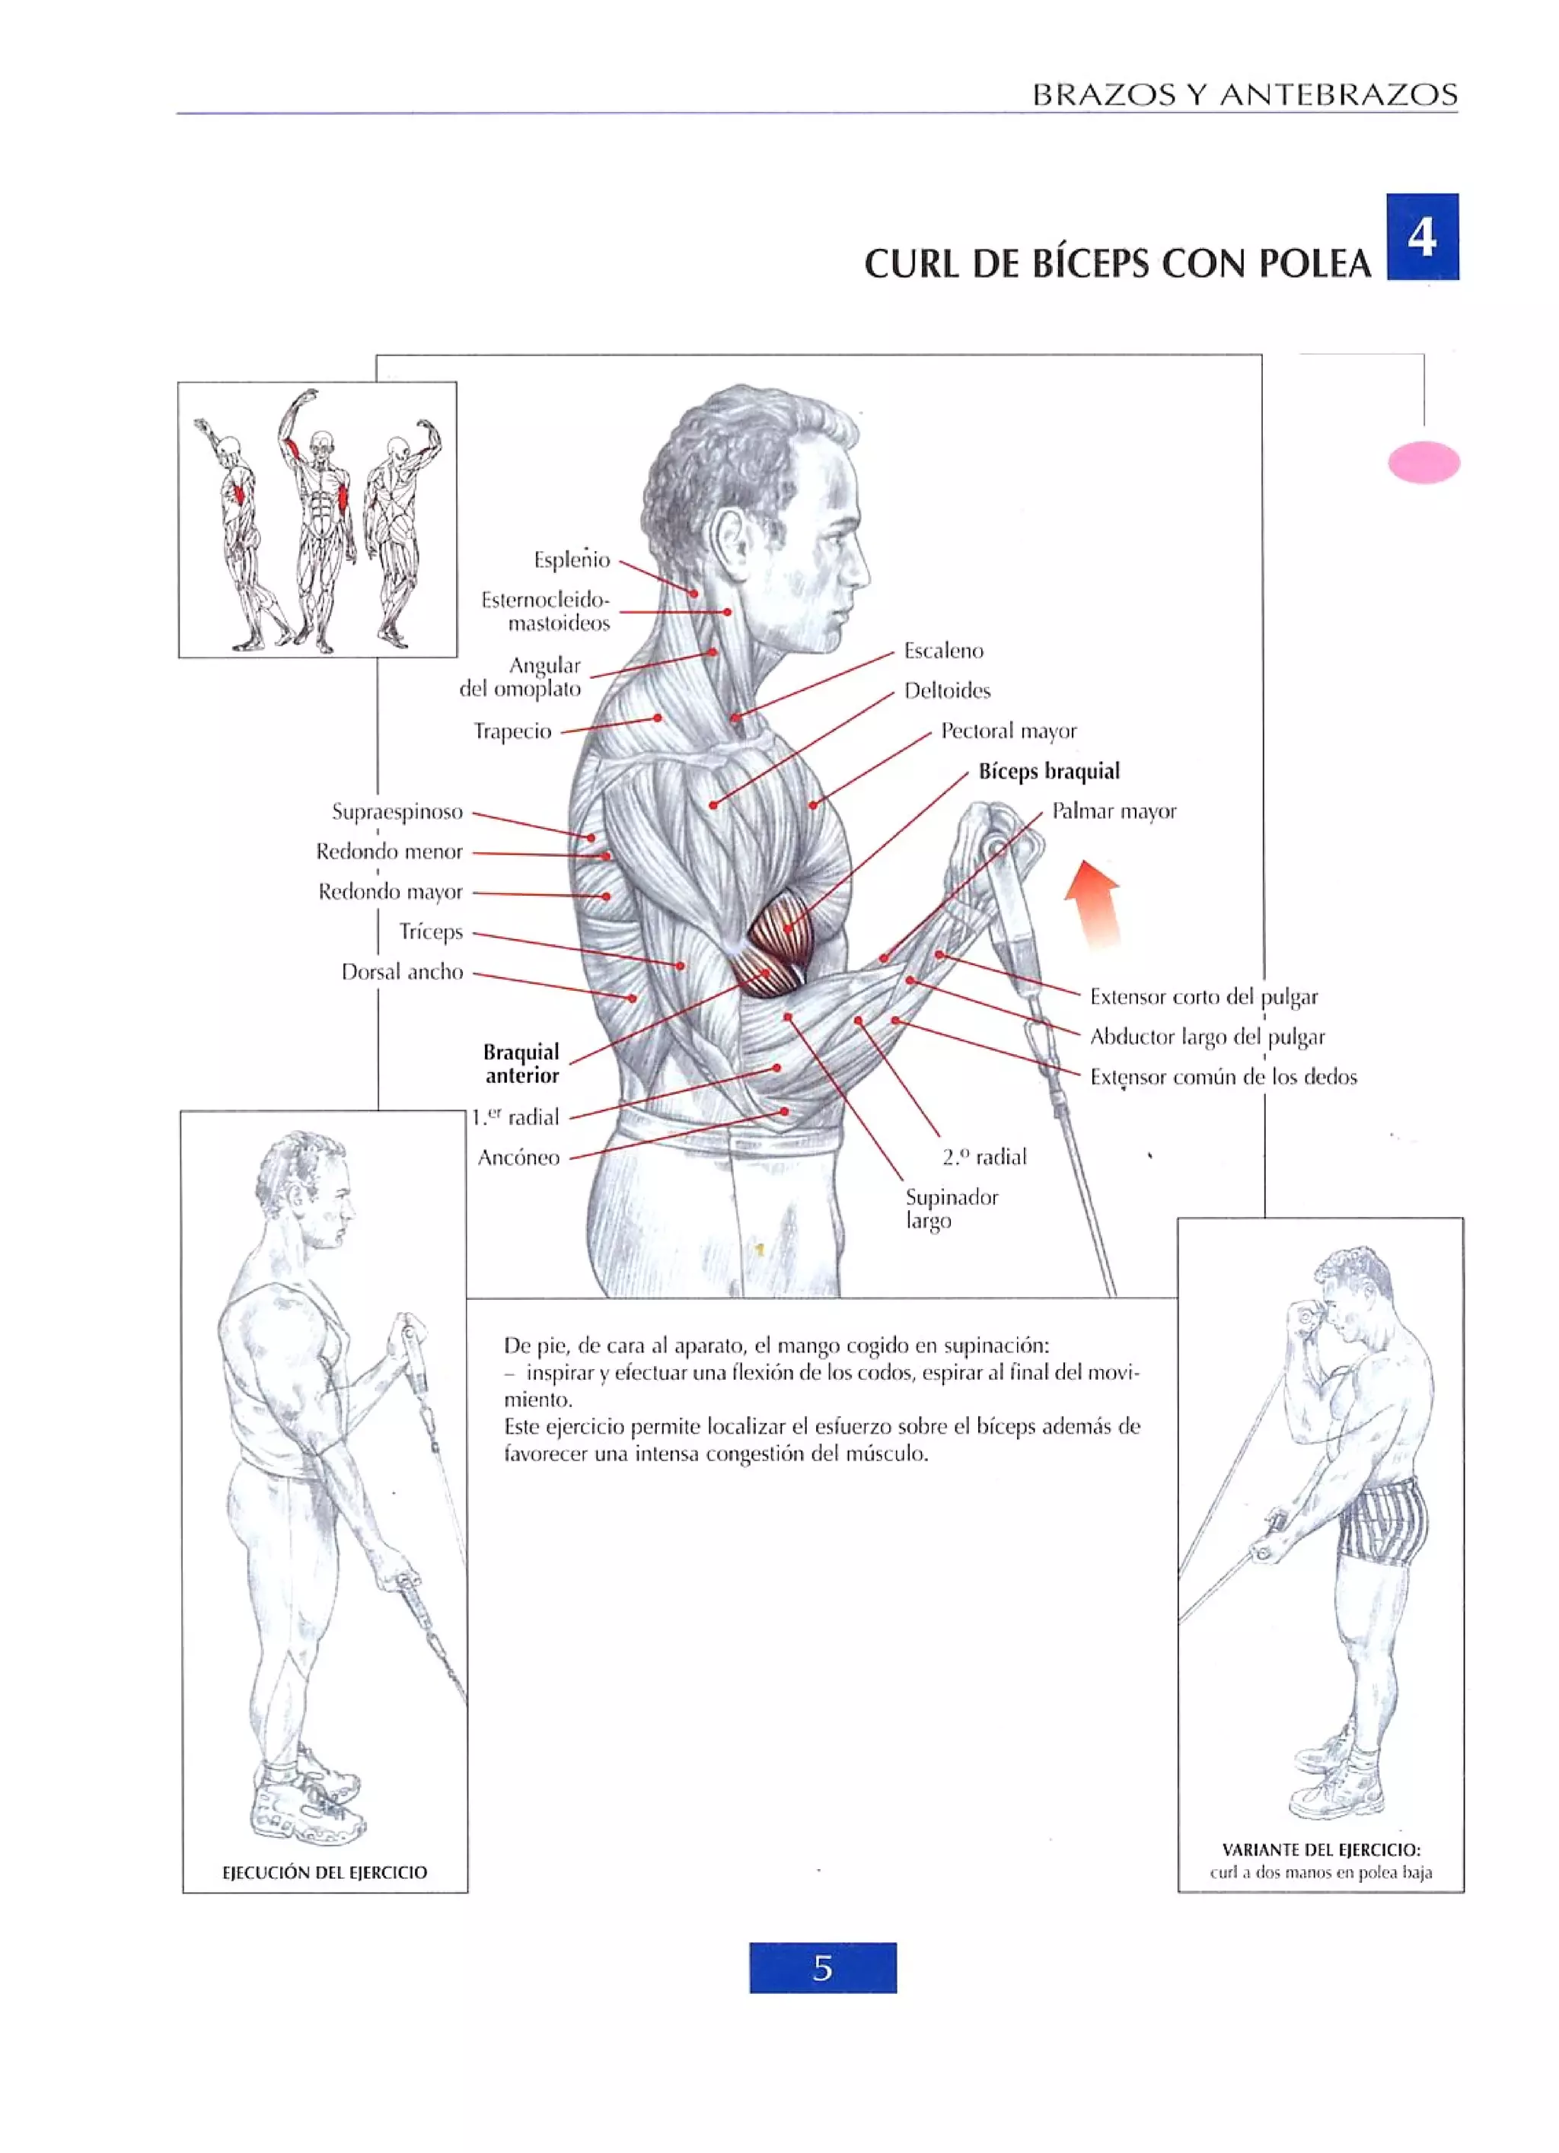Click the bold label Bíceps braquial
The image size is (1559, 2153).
1048,772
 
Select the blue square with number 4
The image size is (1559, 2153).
1421,237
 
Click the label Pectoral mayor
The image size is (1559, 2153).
1009,731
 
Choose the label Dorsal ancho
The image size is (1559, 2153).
402,972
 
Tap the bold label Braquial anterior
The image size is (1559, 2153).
521,1063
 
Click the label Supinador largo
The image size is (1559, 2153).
951,1209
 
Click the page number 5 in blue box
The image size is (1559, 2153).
822,1968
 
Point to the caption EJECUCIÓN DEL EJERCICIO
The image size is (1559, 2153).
325,1872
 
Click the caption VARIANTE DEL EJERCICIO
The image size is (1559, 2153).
1321,1849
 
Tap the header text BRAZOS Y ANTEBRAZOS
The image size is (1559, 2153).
1244,95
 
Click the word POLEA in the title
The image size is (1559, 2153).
1315,264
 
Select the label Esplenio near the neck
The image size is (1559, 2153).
572,560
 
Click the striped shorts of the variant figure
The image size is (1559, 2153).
1382,1528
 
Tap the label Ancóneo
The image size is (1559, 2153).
518,1158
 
